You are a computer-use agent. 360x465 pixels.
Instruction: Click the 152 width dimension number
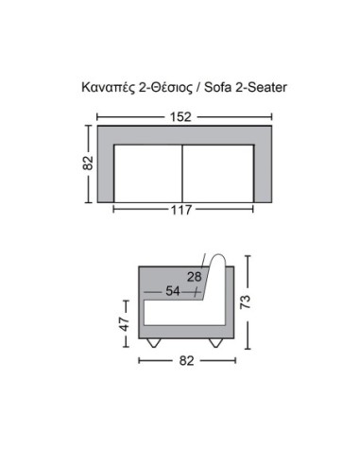[180, 117]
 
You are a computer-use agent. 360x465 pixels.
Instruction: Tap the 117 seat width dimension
[181, 210]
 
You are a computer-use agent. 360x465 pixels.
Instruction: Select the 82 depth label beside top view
[88, 163]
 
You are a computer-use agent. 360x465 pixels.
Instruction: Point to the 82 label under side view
[186, 361]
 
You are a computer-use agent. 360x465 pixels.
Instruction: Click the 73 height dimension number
[246, 301]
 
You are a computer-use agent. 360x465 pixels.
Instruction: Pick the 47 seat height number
[125, 324]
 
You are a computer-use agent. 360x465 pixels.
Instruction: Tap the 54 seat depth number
[173, 291]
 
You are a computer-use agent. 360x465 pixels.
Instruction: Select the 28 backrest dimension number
[194, 277]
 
